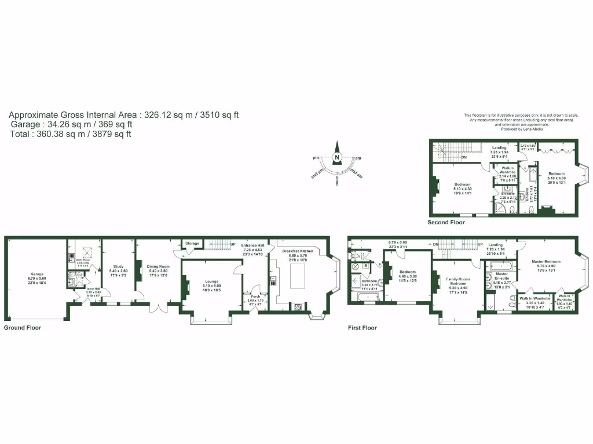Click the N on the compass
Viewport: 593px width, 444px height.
tap(336, 157)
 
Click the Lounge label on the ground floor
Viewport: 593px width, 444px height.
tap(211, 282)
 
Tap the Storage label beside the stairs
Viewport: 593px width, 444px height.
tap(192, 243)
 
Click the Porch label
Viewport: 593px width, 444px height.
tap(255, 296)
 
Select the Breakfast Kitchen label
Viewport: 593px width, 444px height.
tap(298, 251)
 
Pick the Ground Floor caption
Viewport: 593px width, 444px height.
tap(23, 328)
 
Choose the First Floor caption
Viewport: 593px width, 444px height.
tap(363, 328)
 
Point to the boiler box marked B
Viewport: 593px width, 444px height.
tap(365, 267)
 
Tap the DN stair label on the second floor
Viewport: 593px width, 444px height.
tap(464, 157)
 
